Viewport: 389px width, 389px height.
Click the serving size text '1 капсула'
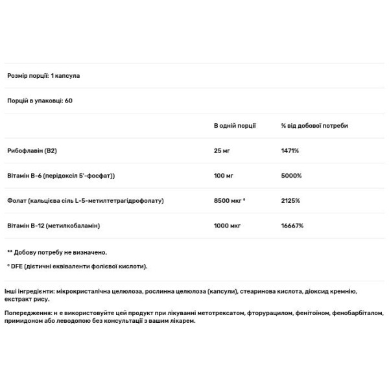(65, 76)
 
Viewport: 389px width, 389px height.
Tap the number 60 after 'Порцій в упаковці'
(68, 100)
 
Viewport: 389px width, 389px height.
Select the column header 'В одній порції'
(235, 125)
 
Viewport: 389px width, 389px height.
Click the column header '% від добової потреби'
(314, 125)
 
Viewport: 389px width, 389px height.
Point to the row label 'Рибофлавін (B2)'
(35, 150)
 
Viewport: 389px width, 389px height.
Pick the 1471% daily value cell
(290, 150)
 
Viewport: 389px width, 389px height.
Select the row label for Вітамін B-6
(65, 176)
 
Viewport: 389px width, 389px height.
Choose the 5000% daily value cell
(291, 176)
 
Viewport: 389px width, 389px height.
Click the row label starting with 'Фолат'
(84, 200)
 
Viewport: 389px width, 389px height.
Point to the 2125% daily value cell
(290, 200)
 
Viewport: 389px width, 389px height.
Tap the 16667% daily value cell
(292, 226)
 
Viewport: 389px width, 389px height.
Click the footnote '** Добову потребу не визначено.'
(57, 252)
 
